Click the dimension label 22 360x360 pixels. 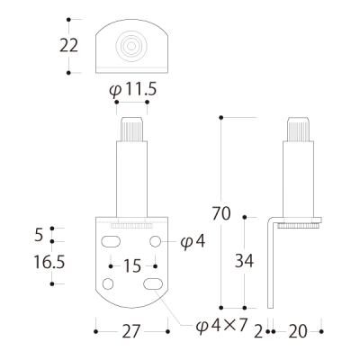(x=68, y=46)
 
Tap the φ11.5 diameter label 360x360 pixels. (x=133, y=89)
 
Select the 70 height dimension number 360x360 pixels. (x=221, y=213)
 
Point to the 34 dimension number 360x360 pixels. (x=244, y=261)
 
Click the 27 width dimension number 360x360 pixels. (x=131, y=331)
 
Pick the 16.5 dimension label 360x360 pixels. (x=49, y=262)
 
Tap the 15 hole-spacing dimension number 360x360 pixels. (x=132, y=266)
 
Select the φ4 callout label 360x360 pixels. (x=193, y=241)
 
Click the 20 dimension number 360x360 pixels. (x=298, y=332)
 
